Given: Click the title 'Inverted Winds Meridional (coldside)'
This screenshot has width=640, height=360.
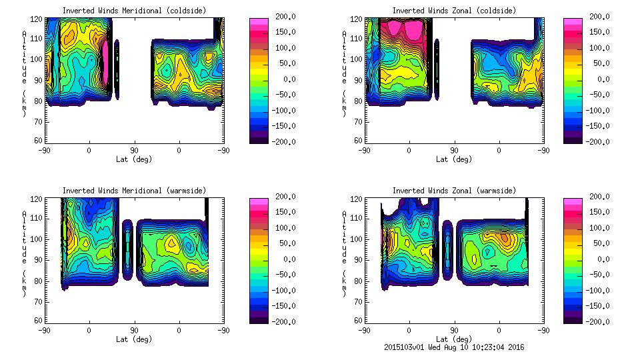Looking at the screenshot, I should click(x=135, y=11).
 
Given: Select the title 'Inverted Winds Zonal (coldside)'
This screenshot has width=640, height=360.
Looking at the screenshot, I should click(x=454, y=11).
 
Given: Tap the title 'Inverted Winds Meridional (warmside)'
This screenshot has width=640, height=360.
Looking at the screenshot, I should click(x=135, y=191).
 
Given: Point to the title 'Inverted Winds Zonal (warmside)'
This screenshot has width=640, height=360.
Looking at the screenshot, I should click(x=454, y=191).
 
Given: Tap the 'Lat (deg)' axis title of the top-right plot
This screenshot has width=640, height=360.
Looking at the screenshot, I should click(x=454, y=159).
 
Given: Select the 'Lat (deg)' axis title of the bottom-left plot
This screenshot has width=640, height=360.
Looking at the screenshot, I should click(x=135, y=339).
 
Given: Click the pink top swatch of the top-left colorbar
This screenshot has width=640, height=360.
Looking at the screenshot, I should click(x=258, y=22).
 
